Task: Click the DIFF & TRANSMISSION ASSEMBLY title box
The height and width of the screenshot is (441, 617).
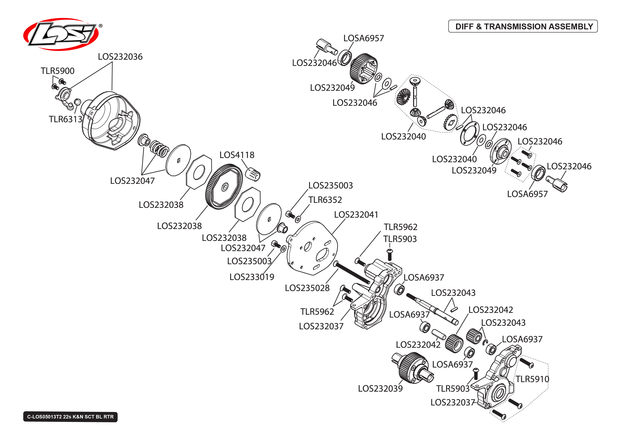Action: (x=523, y=26)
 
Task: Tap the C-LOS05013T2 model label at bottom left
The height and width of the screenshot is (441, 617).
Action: (x=70, y=417)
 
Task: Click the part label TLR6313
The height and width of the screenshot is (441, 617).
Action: (x=65, y=119)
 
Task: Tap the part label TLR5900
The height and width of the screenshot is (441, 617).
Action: (x=58, y=71)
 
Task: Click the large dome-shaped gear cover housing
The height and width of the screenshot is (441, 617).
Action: (x=111, y=121)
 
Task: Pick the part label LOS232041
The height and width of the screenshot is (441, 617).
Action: (x=356, y=215)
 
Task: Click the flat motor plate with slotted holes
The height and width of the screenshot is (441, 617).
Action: (x=312, y=248)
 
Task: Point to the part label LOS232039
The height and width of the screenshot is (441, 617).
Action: (x=380, y=388)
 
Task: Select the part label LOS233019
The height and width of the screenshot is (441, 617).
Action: (x=252, y=277)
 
